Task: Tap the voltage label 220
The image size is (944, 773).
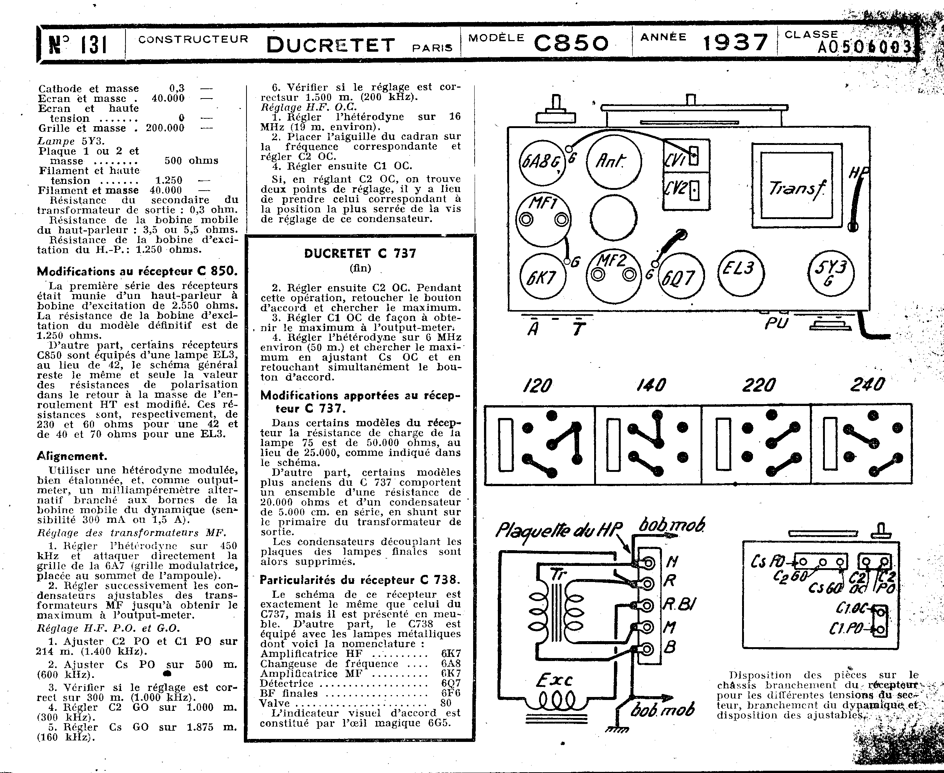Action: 759,385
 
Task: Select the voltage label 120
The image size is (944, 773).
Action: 538,385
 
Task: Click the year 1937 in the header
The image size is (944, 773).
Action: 735,43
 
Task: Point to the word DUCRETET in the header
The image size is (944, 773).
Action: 330,45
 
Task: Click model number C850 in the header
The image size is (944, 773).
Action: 571,43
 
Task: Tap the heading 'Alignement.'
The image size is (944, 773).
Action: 72,456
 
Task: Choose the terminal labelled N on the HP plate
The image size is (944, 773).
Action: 649,563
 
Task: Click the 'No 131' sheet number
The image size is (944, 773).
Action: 78,45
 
